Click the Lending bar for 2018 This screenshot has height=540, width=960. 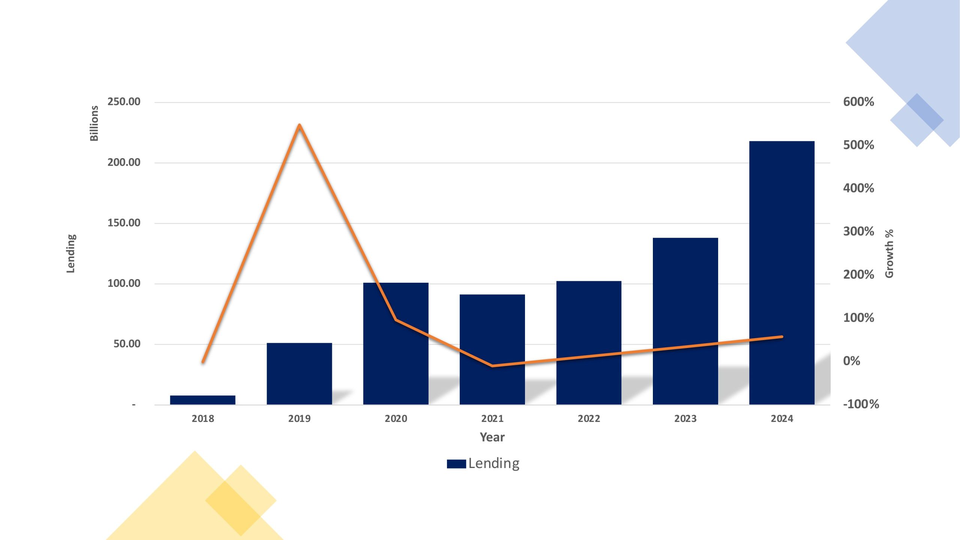coord(202,400)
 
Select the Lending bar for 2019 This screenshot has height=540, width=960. coord(299,373)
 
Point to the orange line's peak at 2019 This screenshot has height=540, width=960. coord(299,125)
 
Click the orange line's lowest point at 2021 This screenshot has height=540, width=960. coord(492,366)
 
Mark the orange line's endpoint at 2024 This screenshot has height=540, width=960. coord(782,337)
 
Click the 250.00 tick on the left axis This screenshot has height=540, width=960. coord(124,102)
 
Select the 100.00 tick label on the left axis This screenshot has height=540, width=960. coord(124,283)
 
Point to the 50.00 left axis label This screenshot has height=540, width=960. coord(127,344)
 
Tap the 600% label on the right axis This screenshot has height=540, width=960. coord(858,102)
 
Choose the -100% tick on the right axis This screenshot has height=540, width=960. coord(861,404)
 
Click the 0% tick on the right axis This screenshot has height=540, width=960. coord(852,361)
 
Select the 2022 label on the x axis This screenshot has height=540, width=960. coord(589,418)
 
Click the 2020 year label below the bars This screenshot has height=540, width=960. coord(396,418)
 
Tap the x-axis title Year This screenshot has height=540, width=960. coord(492,437)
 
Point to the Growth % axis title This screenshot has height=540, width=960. coord(889,253)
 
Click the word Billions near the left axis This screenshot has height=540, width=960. coord(94,123)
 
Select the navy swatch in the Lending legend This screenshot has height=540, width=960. coord(456,464)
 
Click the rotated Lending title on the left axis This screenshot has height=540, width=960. coord(71,253)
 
